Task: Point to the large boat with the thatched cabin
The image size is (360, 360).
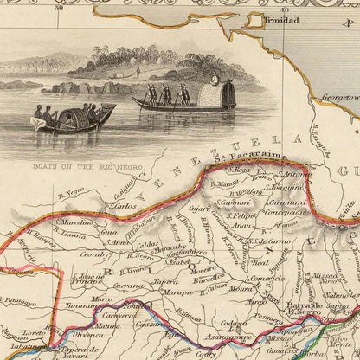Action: pos(186,96)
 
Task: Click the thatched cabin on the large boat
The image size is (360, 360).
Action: pos(216,90)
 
